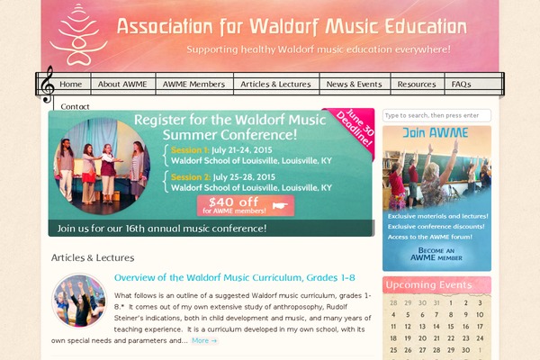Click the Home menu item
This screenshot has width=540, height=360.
(x=71, y=85)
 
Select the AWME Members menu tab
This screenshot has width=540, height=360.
(x=193, y=85)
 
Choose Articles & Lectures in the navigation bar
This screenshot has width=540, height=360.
(x=275, y=85)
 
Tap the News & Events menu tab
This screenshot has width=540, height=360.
(x=354, y=85)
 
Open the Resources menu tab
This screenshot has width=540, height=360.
(x=417, y=85)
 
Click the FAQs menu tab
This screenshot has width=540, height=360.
(x=461, y=85)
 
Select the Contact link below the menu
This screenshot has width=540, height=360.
(x=75, y=106)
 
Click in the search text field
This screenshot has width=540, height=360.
(x=436, y=116)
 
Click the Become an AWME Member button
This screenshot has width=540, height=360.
(x=436, y=254)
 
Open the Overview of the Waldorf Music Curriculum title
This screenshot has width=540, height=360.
(x=235, y=277)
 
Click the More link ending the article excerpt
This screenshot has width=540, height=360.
(x=204, y=341)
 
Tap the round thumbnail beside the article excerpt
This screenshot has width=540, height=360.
(x=79, y=300)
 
